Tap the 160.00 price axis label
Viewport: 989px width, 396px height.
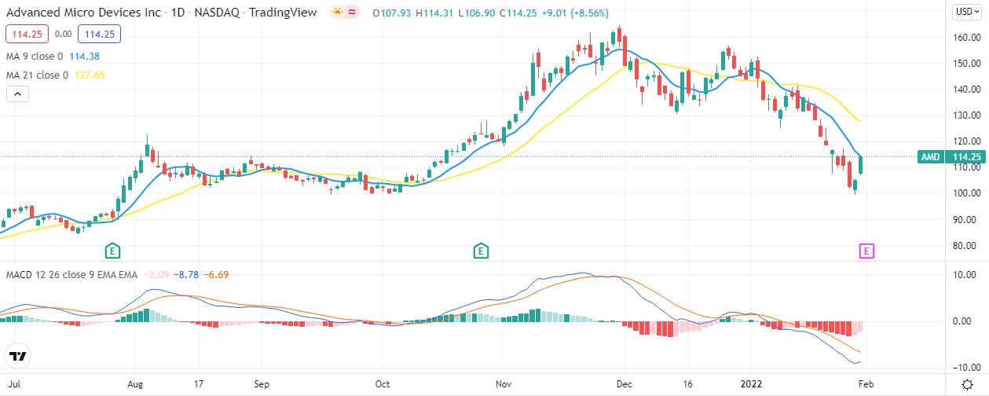[x=965, y=38]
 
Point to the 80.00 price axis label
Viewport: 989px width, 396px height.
[x=965, y=246]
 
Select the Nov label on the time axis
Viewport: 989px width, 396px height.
[x=504, y=385]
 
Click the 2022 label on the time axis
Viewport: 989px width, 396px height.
[x=752, y=385]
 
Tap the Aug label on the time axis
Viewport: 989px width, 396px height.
[x=135, y=385]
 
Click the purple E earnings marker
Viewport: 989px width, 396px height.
[x=866, y=251]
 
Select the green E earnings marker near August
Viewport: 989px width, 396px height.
[x=113, y=251]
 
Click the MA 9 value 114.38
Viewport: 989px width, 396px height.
[x=83, y=57]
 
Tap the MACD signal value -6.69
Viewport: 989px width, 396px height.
[x=216, y=274]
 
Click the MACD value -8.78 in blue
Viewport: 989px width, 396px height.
[x=188, y=274]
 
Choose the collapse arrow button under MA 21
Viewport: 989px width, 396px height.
[x=17, y=94]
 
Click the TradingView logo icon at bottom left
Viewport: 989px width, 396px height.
[x=18, y=356]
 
